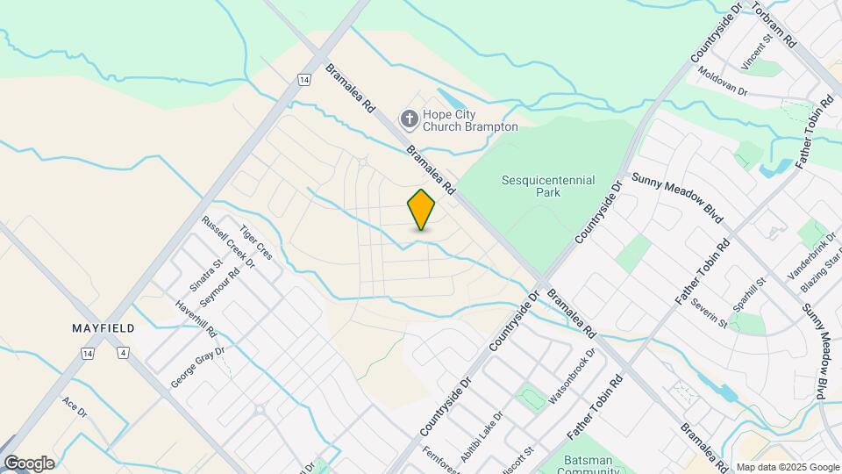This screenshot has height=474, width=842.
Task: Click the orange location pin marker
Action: pyautogui.click(x=421, y=209)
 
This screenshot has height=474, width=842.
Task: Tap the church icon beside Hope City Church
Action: pyautogui.click(x=409, y=118)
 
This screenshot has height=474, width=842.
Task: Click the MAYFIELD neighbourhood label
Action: pyautogui.click(x=103, y=328)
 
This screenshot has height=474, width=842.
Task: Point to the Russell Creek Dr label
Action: pyautogui.click(x=227, y=242)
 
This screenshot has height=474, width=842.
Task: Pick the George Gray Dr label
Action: pyautogui.click(x=198, y=367)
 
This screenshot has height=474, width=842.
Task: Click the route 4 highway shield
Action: pyautogui.click(x=123, y=353)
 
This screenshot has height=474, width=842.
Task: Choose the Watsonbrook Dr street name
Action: pyautogui.click(x=572, y=377)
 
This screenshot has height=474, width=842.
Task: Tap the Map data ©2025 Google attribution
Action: pyautogui.click(x=787, y=467)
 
